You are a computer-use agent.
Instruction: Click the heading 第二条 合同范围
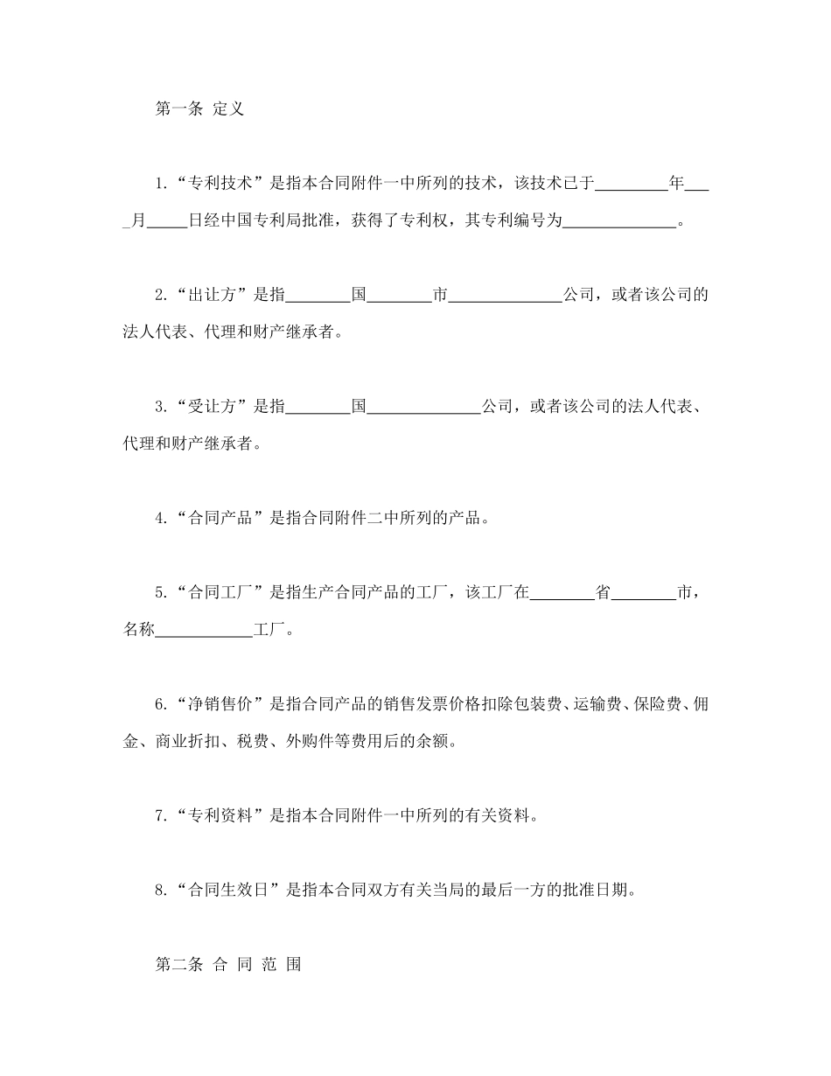coord(228,966)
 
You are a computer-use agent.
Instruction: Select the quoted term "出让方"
coord(206,295)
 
